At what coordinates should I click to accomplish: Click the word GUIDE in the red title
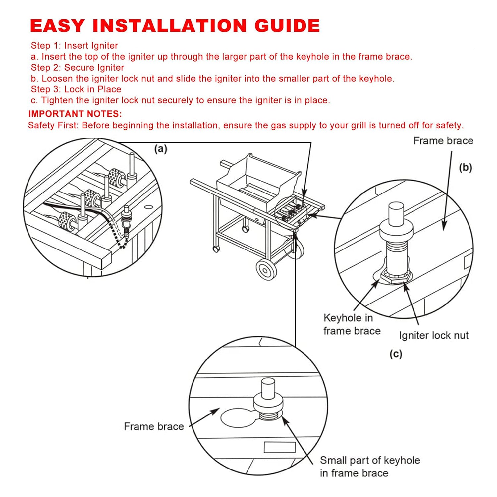coord(287,26)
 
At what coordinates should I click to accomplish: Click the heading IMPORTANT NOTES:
coord(75,114)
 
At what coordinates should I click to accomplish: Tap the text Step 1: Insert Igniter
coord(74,46)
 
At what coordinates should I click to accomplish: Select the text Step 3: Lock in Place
coord(76,89)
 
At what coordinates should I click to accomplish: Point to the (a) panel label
coord(161,149)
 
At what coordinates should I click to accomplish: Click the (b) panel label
coord(465,168)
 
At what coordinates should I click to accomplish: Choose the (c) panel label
coord(396,354)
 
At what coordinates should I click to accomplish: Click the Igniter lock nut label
coord(433,335)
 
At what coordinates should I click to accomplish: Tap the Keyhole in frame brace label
coord(351,324)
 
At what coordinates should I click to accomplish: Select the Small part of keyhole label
coord(370,460)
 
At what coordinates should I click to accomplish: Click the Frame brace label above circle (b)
coord(443,141)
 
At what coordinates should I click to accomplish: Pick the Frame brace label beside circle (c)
coord(154,426)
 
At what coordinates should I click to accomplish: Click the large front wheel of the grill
coord(266,270)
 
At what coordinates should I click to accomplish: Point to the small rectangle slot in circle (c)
coord(279,447)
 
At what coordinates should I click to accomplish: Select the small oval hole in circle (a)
coord(149,207)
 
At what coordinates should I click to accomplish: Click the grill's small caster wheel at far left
coord(216,248)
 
